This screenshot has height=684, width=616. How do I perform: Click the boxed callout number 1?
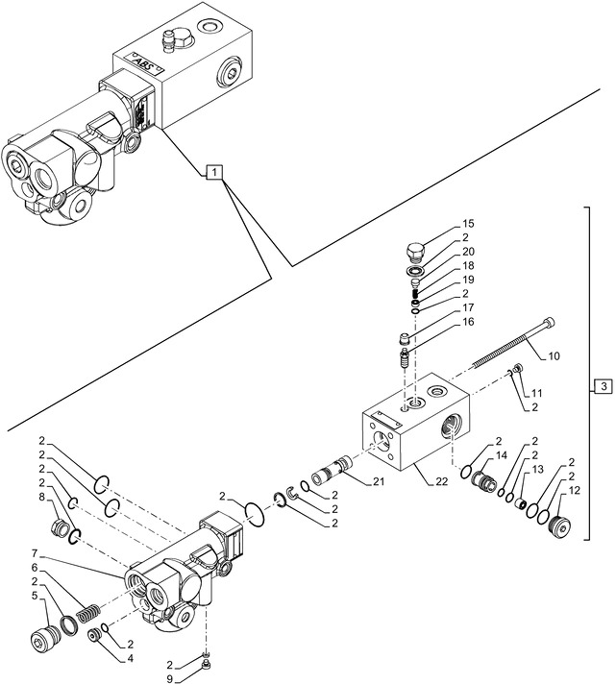click(215, 172)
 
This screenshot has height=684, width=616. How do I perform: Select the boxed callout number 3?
click(601, 386)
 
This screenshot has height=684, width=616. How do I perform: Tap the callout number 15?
click(468, 224)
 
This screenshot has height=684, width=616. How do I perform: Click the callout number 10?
click(554, 357)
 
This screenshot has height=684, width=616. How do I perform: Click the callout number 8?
click(42, 497)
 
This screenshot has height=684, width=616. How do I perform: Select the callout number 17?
click(468, 307)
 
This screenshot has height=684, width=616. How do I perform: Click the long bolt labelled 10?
click(510, 348)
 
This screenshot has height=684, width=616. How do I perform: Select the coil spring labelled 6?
click(86, 612)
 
